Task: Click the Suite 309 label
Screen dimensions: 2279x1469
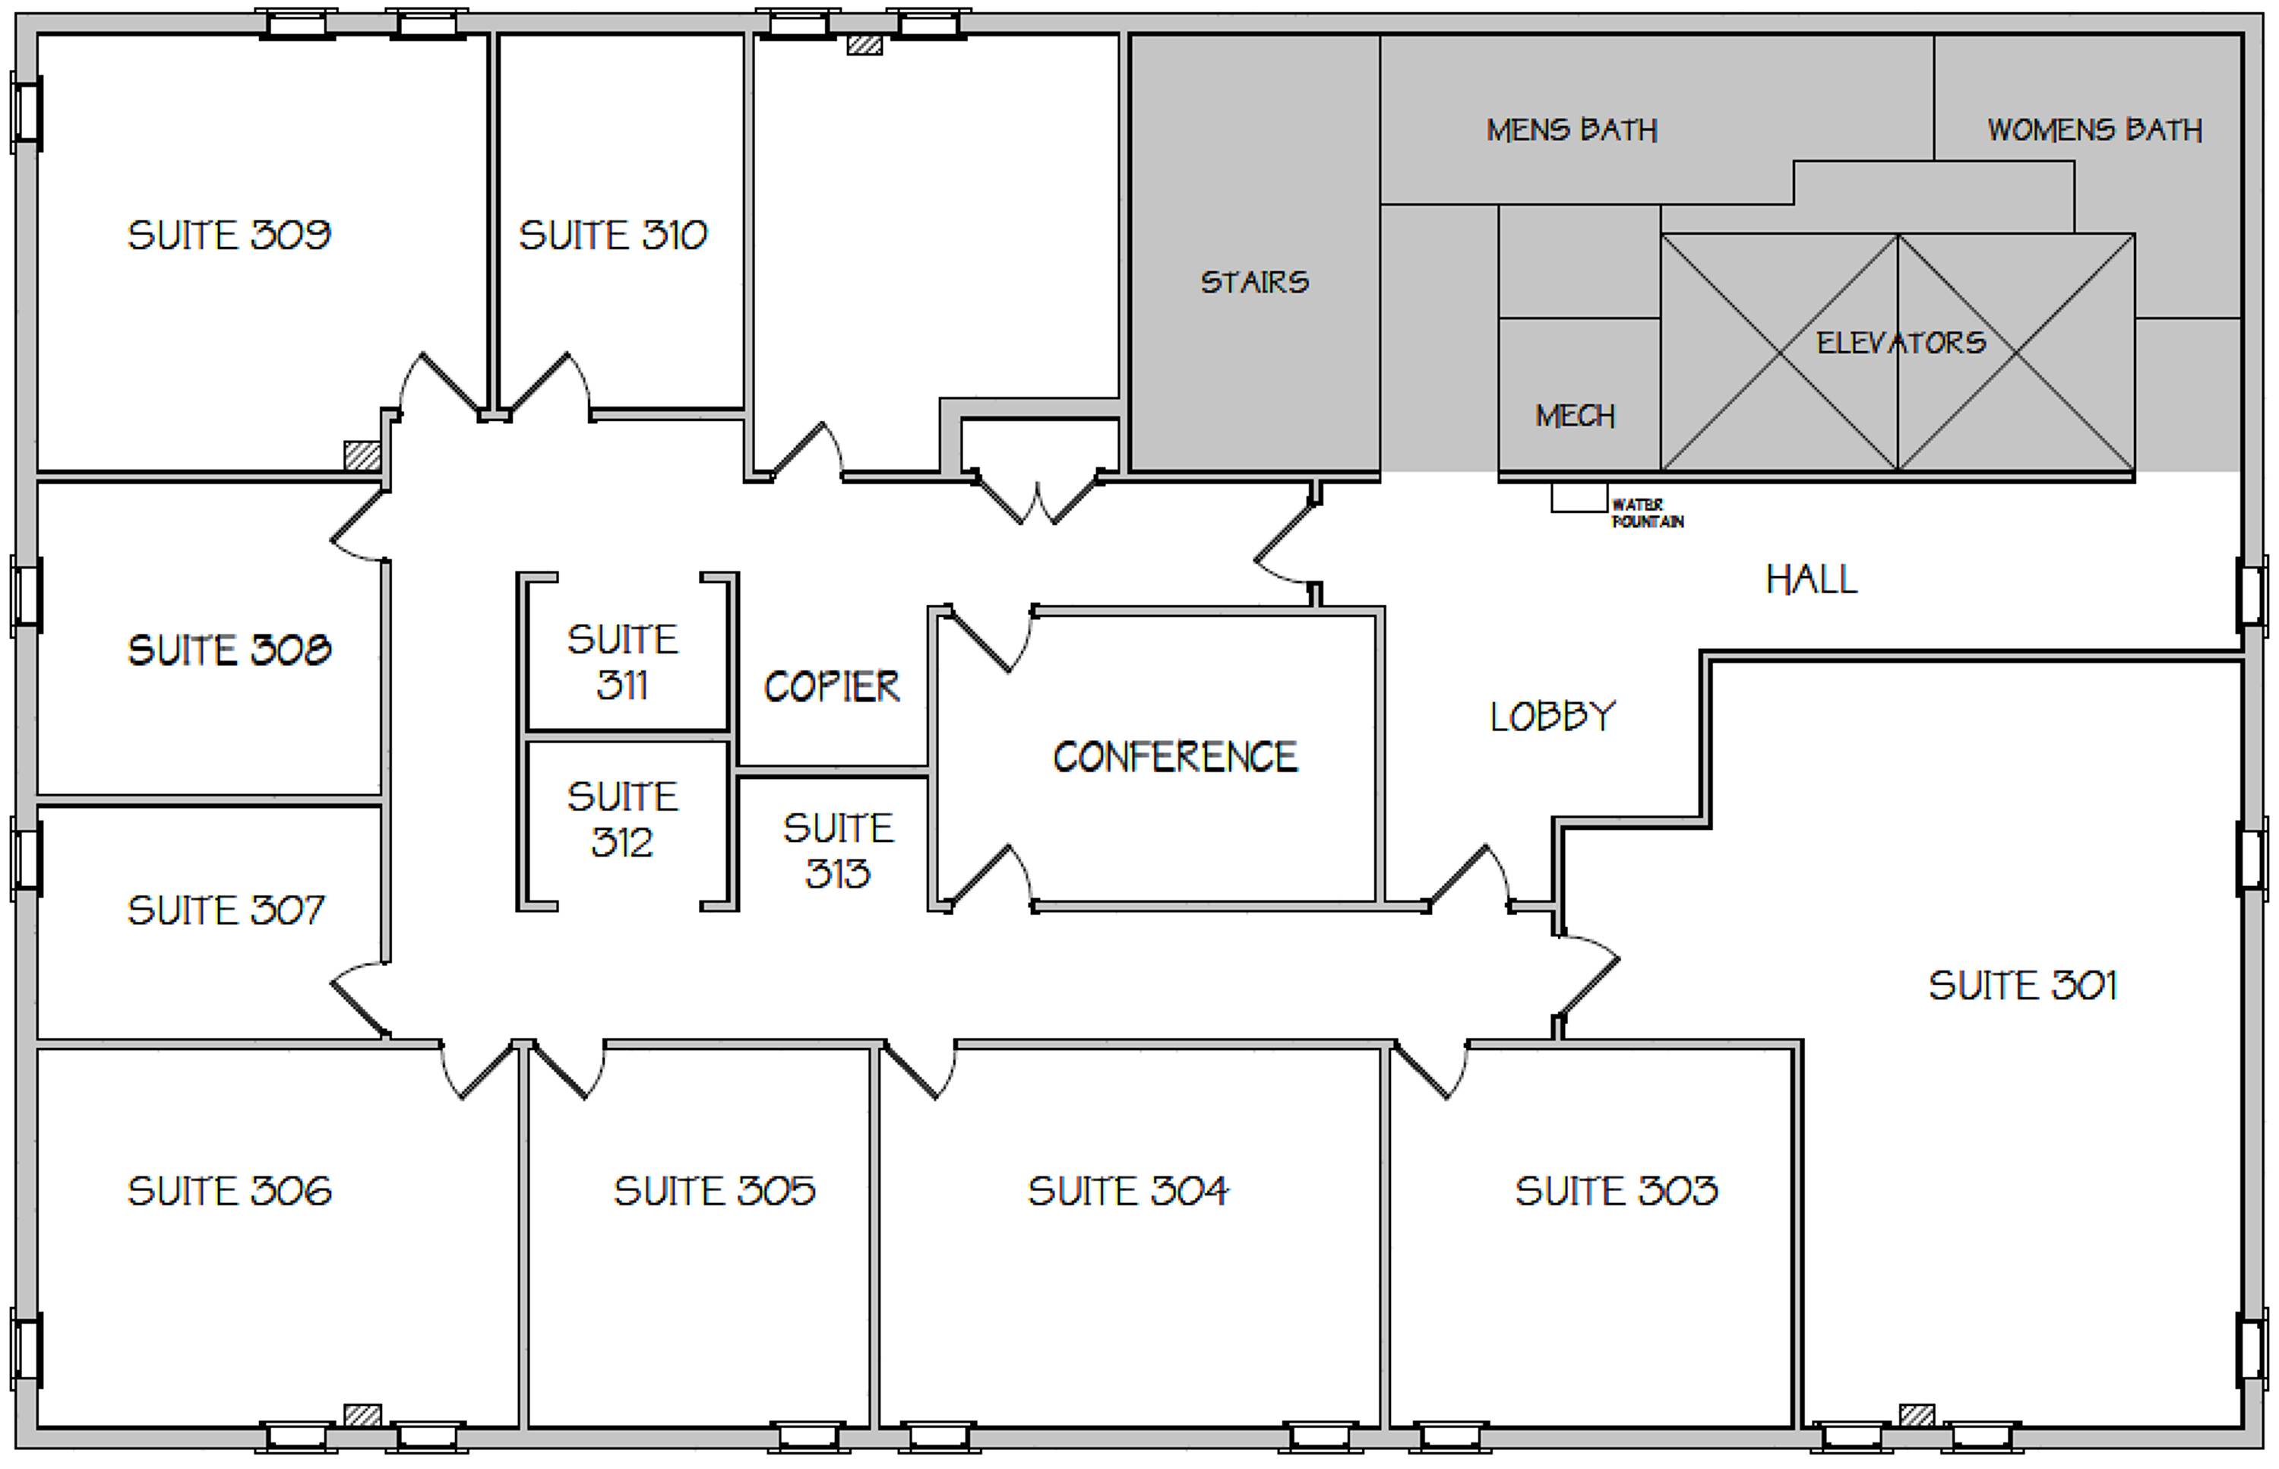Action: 229,236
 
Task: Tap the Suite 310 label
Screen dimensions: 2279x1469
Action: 613,236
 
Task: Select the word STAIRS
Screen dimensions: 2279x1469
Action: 1255,283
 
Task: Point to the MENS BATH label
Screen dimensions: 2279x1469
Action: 1573,130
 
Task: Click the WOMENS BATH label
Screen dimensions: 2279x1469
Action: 2095,130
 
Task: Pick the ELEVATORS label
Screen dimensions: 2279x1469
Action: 1901,343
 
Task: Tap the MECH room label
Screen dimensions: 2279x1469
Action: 1576,416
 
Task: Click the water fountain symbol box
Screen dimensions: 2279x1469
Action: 1579,497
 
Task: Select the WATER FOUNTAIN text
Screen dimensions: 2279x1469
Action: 1648,513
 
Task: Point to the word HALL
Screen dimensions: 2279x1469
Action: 1812,580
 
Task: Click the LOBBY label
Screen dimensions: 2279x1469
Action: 1554,717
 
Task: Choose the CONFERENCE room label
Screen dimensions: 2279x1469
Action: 1174,758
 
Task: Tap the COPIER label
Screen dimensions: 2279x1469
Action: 832,687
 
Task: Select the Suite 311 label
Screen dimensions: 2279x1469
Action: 623,662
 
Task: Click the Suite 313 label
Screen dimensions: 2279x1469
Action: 838,851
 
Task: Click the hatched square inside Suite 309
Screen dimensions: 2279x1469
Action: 362,455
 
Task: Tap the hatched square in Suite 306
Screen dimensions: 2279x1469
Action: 362,1414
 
